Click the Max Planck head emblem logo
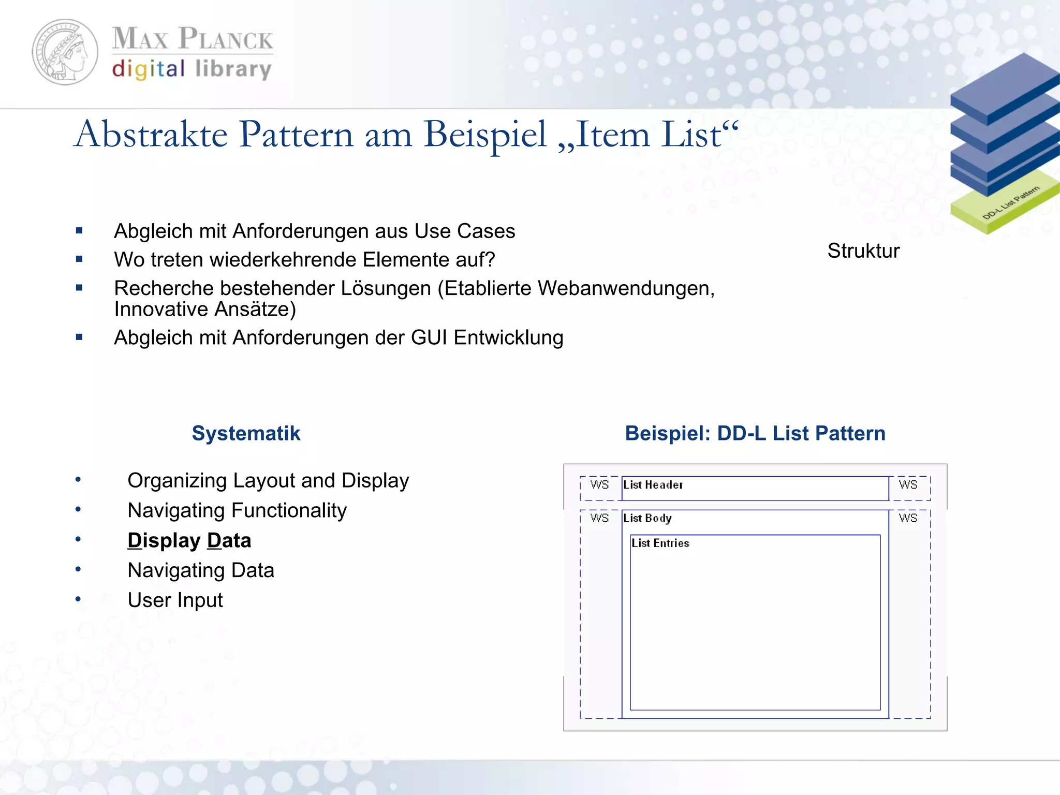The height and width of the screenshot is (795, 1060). (x=65, y=52)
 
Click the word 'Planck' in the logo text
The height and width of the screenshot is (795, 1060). (x=226, y=39)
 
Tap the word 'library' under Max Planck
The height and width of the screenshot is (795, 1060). (x=233, y=69)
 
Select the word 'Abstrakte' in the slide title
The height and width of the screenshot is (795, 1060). (x=151, y=135)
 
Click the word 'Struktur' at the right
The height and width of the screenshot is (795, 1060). (x=863, y=251)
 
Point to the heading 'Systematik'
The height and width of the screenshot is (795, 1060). (x=246, y=433)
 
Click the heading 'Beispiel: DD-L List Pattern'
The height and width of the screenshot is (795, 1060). (x=755, y=433)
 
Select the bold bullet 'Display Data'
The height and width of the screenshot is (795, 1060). (x=189, y=540)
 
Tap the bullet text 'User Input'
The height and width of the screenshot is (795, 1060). (x=175, y=600)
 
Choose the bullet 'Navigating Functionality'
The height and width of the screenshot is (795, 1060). (x=237, y=511)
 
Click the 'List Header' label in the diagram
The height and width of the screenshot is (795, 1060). (x=653, y=485)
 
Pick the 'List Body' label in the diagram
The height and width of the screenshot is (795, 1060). (x=647, y=518)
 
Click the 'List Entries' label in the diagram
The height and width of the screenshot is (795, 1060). (x=660, y=543)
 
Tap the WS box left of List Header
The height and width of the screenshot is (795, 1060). (x=599, y=485)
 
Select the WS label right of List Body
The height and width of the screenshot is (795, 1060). (x=908, y=518)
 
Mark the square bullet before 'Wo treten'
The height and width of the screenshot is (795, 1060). (x=79, y=259)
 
